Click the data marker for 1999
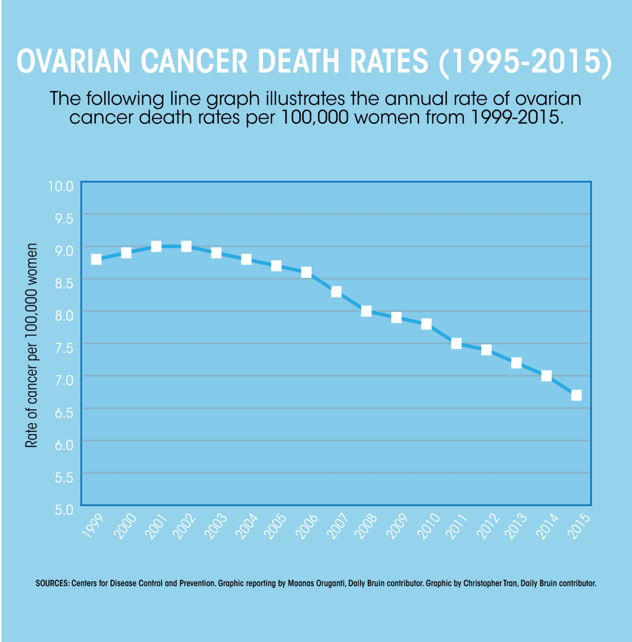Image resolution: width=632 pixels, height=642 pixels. pyautogui.click(x=96, y=259)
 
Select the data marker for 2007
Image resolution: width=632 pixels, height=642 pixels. pyautogui.click(x=336, y=292)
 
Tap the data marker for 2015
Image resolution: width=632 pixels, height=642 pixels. pyautogui.click(x=576, y=395)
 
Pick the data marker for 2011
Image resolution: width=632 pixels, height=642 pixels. pyautogui.click(x=456, y=343)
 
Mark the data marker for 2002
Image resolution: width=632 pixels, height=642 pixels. pyautogui.click(x=186, y=246)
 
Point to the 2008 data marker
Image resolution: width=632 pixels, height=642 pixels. pyautogui.click(x=366, y=311)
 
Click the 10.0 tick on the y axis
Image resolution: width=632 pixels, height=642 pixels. pyautogui.click(x=62, y=186)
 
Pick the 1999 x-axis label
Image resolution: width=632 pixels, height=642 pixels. pyautogui.click(x=94, y=526)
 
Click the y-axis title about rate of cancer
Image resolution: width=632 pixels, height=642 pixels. pyautogui.click(x=32, y=345)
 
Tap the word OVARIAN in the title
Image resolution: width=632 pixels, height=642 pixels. pyautogui.click(x=74, y=62)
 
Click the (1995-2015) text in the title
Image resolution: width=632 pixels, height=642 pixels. pyautogui.click(x=525, y=62)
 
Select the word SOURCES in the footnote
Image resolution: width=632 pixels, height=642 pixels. pyautogui.click(x=52, y=584)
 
